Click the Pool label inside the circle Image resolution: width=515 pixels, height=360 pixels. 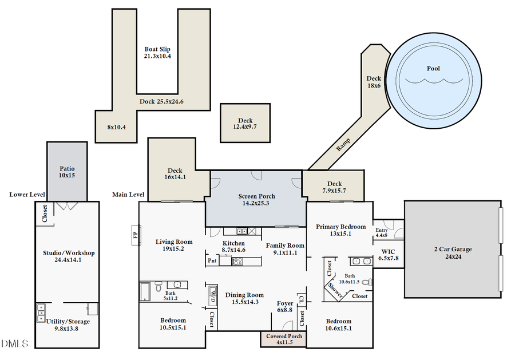pos(433,69)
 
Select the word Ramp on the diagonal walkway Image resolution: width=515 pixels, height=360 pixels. pos(343,143)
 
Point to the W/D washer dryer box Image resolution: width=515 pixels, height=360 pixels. pos(212,296)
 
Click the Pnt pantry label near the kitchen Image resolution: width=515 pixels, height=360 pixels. pos(212,261)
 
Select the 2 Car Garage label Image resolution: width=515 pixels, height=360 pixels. pos(452,253)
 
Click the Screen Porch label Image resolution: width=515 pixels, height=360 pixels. pos(256,199)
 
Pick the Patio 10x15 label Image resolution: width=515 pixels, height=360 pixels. pos(67,172)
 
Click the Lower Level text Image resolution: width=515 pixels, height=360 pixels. pos(27,195)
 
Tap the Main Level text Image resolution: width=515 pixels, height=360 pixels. pos(128,195)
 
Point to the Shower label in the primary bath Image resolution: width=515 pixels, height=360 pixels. pos(335,291)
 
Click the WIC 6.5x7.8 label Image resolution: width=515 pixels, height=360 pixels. pos(389,255)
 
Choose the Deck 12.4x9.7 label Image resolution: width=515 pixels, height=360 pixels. pos(245,124)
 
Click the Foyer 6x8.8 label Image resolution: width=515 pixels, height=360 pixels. pos(284,306)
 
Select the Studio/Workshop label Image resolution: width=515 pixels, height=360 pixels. pos(69,256)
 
